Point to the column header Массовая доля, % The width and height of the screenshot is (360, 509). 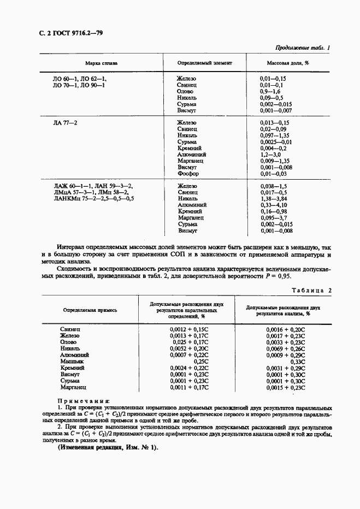point(284,63)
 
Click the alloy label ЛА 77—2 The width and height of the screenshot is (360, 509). point(65,123)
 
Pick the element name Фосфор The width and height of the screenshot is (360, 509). point(188,174)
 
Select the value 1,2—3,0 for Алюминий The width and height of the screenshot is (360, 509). point(271,155)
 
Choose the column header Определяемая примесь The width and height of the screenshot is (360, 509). point(90,310)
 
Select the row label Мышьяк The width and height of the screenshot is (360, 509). point(70,362)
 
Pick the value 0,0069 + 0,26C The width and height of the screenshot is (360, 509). point(286,348)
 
